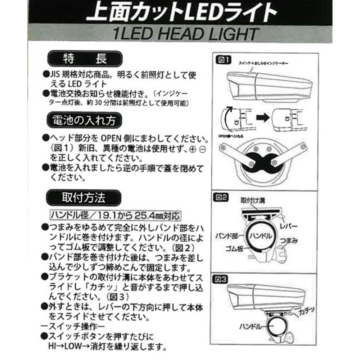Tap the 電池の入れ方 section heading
pyautogui.click(x=84, y=120)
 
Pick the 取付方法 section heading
pyautogui.click(x=84, y=197)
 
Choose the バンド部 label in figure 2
pyautogui.click(x=230, y=236)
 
